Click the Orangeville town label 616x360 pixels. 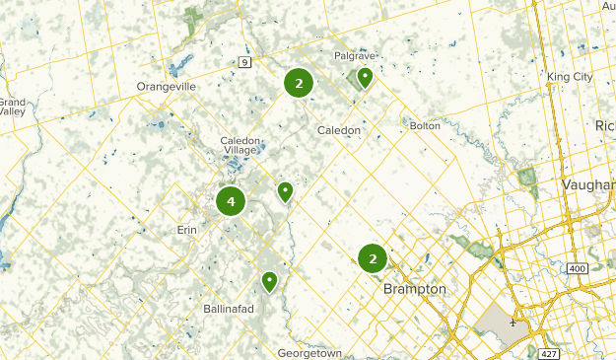click(x=167, y=87)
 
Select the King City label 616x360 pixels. click(x=571, y=76)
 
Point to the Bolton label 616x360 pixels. click(x=424, y=125)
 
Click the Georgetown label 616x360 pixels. click(x=309, y=352)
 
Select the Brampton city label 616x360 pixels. click(x=413, y=289)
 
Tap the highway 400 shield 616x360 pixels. click(x=578, y=268)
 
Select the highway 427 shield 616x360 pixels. click(x=549, y=352)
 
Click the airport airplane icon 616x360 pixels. click(x=513, y=322)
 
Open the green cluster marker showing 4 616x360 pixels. click(x=231, y=202)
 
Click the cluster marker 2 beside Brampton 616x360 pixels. click(x=373, y=260)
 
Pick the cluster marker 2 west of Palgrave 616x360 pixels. click(x=299, y=84)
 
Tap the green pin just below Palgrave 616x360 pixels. click(x=365, y=77)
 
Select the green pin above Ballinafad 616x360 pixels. click(x=269, y=282)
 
